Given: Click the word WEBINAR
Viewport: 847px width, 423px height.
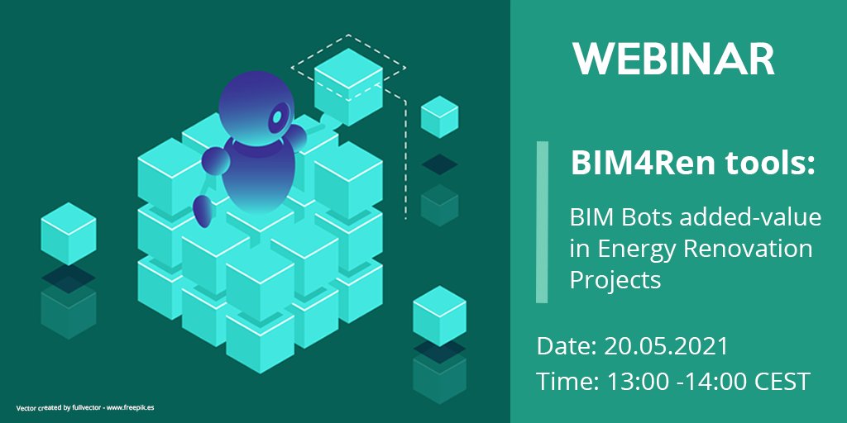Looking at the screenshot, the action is coord(673,59).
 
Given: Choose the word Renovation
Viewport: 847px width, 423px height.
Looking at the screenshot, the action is coord(748,250).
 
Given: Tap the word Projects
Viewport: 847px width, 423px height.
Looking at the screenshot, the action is coord(615,281).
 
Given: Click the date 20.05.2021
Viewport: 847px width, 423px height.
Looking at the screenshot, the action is coord(667,346).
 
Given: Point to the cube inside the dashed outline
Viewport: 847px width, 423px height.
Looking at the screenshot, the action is coord(348,86).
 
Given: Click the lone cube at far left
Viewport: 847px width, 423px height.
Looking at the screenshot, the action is coord(69,234).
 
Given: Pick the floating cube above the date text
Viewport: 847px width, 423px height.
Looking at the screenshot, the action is coord(440,316).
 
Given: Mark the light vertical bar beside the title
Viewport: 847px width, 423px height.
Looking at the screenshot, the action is coord(542,222).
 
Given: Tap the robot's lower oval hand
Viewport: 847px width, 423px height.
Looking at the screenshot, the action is coord(202,211).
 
